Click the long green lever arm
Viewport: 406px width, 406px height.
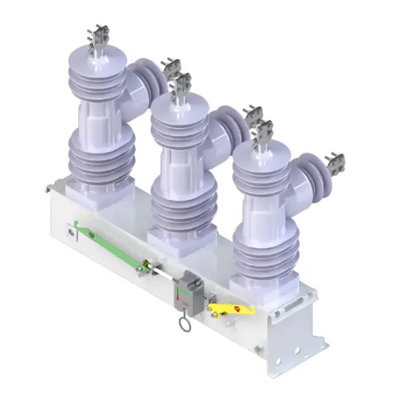tap(111, 244)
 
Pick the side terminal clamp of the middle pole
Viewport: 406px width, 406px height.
tap(253, 114)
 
